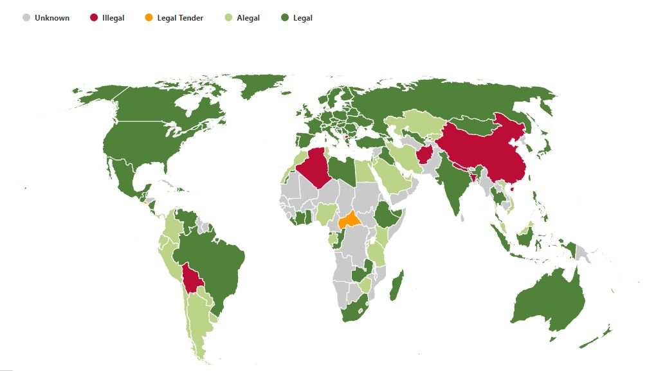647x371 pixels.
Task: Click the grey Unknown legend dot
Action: [x=26, y=18]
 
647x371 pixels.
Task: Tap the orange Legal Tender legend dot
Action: [x=149, y=18]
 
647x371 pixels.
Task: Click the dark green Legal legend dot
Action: [x=286, y=18]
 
